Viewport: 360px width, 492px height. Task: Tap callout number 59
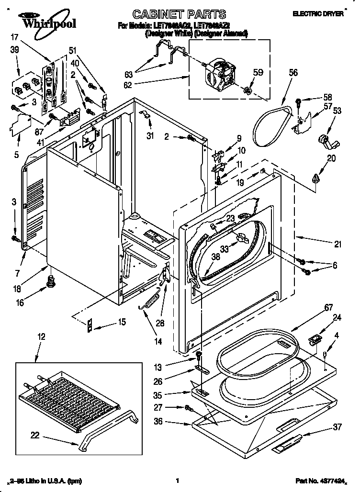point(258,73)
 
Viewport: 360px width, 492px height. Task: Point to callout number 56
point(293,73)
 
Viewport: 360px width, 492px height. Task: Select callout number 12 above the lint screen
point(41,337)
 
